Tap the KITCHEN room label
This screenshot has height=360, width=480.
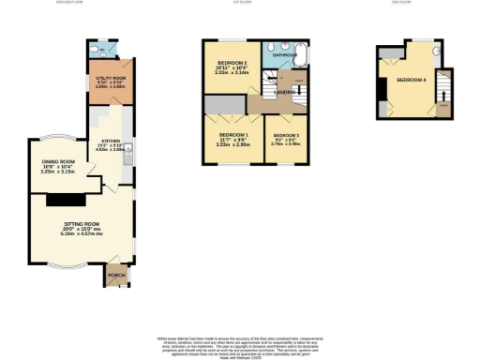pos(112,142)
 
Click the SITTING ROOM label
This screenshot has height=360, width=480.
pos(82,225)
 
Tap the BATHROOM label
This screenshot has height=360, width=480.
pos(283,55)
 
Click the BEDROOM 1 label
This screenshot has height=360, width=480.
pos(231,138)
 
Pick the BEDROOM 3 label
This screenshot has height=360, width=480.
pos(286,138)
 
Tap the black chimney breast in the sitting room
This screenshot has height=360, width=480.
pos(67,199)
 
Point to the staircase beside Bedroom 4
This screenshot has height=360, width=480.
pos(443,92)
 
